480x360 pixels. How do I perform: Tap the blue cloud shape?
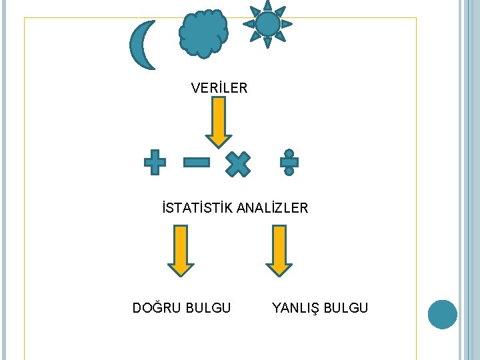tap(203, 33)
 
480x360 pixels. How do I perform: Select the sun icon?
tap(267, 24)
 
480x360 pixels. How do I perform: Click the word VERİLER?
tap(219, 87)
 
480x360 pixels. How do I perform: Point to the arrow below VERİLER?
tap(218, 121)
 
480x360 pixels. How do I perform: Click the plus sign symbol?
tap(155, 162)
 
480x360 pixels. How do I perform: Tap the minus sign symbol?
tap(196, 162)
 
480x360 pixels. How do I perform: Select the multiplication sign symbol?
tap(237, 163)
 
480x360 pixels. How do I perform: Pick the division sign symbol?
tap(289, 162)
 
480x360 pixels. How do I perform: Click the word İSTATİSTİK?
tap(197, 208)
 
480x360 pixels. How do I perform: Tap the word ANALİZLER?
tap(273, 208)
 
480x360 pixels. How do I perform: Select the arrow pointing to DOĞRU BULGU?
tap(181, 250)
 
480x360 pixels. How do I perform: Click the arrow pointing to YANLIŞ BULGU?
tap(279, 250)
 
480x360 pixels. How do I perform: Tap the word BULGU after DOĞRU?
tap(208, 307)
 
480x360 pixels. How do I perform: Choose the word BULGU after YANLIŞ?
tap(345, 307)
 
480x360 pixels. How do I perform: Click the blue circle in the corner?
tap(442, 314)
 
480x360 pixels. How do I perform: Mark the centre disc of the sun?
tap(267, 24)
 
